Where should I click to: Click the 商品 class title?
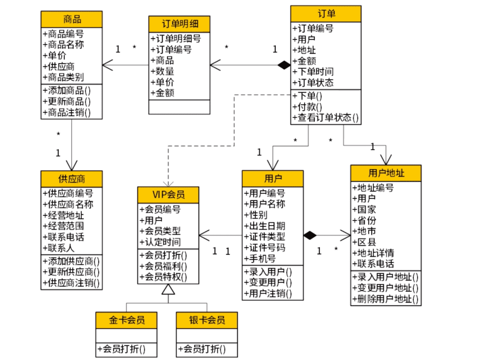click(72, 19)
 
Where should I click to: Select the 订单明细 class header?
click(179, 24)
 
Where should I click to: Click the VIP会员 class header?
click(168, 195)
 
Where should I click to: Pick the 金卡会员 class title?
click(127, 320)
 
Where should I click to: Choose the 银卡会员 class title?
click(207, 320)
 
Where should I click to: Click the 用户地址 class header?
click(386, 173)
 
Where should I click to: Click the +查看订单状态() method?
click(325, 118)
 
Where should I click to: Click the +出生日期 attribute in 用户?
click(265, 226)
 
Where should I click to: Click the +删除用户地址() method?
click(385, 299)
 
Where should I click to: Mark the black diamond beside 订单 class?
click(284, 66)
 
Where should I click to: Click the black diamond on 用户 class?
click(310, 235)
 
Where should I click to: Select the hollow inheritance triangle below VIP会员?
click(168, 289)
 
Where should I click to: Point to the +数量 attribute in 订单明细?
click(162, 71)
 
